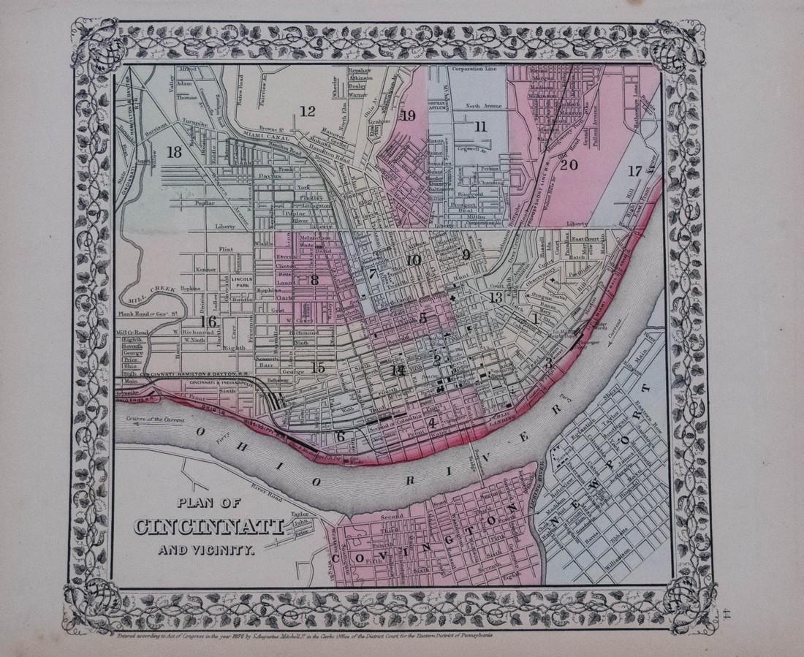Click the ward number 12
pyautogui.click(x=307, y=111)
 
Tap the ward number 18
pyautogui.click(x=174, y=153)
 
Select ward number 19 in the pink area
pyautogui.click(x=408, y=115)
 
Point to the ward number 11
pyautogui.click(x=479, y=126)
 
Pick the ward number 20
pyautogui.click(x=569, y=165)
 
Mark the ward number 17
pyautogui.click(x=634, y=170)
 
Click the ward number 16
pyautogui.click(x=209, y=322)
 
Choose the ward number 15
pyautogui.click(x=317, y=368)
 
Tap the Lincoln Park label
pyautogui.click(x=240, y=282)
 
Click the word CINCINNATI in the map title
pyautogui.click(x=208, y=526)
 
